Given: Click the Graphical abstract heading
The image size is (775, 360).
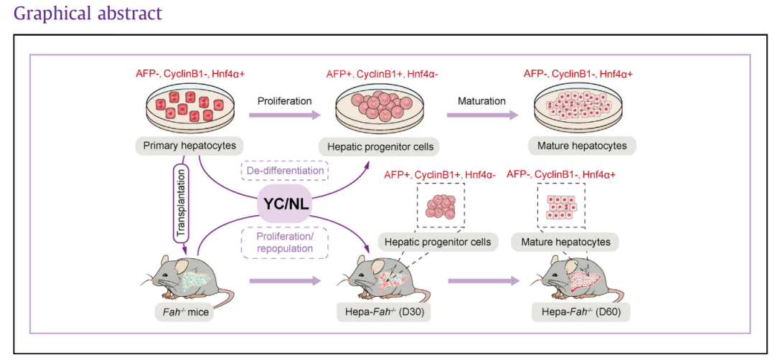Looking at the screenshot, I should [x=88, y=14].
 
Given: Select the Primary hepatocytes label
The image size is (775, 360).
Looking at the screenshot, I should [x=189, y=146].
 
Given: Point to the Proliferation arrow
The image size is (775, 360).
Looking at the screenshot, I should [x=286, y=113].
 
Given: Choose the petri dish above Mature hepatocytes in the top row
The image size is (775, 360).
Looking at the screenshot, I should [x=582, y=108].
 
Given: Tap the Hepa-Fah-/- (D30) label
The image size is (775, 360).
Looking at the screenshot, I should [x=381, y=313].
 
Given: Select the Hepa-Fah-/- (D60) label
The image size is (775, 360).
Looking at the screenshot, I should [x=581, y=313].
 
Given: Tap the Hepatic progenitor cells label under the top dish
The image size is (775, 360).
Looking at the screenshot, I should [x=379, y=146].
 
